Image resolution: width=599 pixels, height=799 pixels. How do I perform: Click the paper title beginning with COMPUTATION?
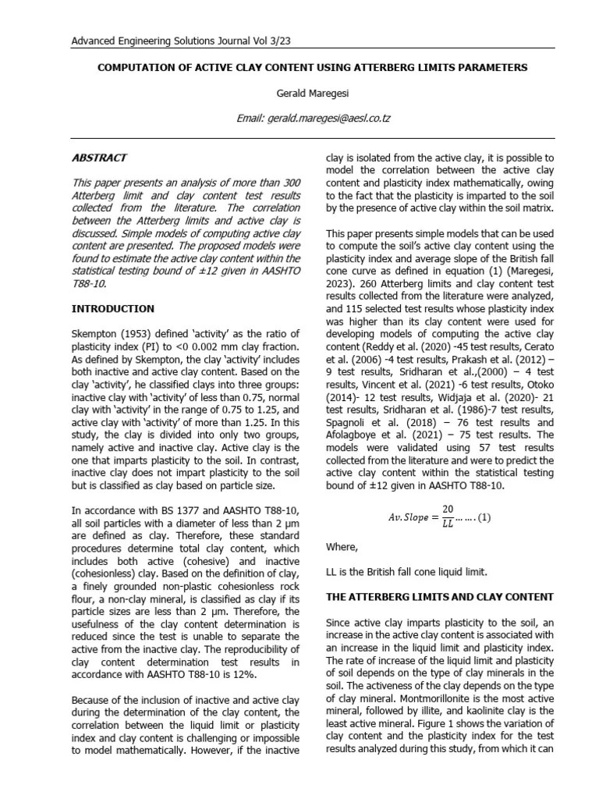[312, 68]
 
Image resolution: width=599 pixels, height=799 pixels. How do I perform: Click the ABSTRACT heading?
[98, 158]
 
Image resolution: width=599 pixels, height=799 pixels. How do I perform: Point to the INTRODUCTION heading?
[112, 309]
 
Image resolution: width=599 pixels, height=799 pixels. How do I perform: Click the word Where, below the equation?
[342, 546]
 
